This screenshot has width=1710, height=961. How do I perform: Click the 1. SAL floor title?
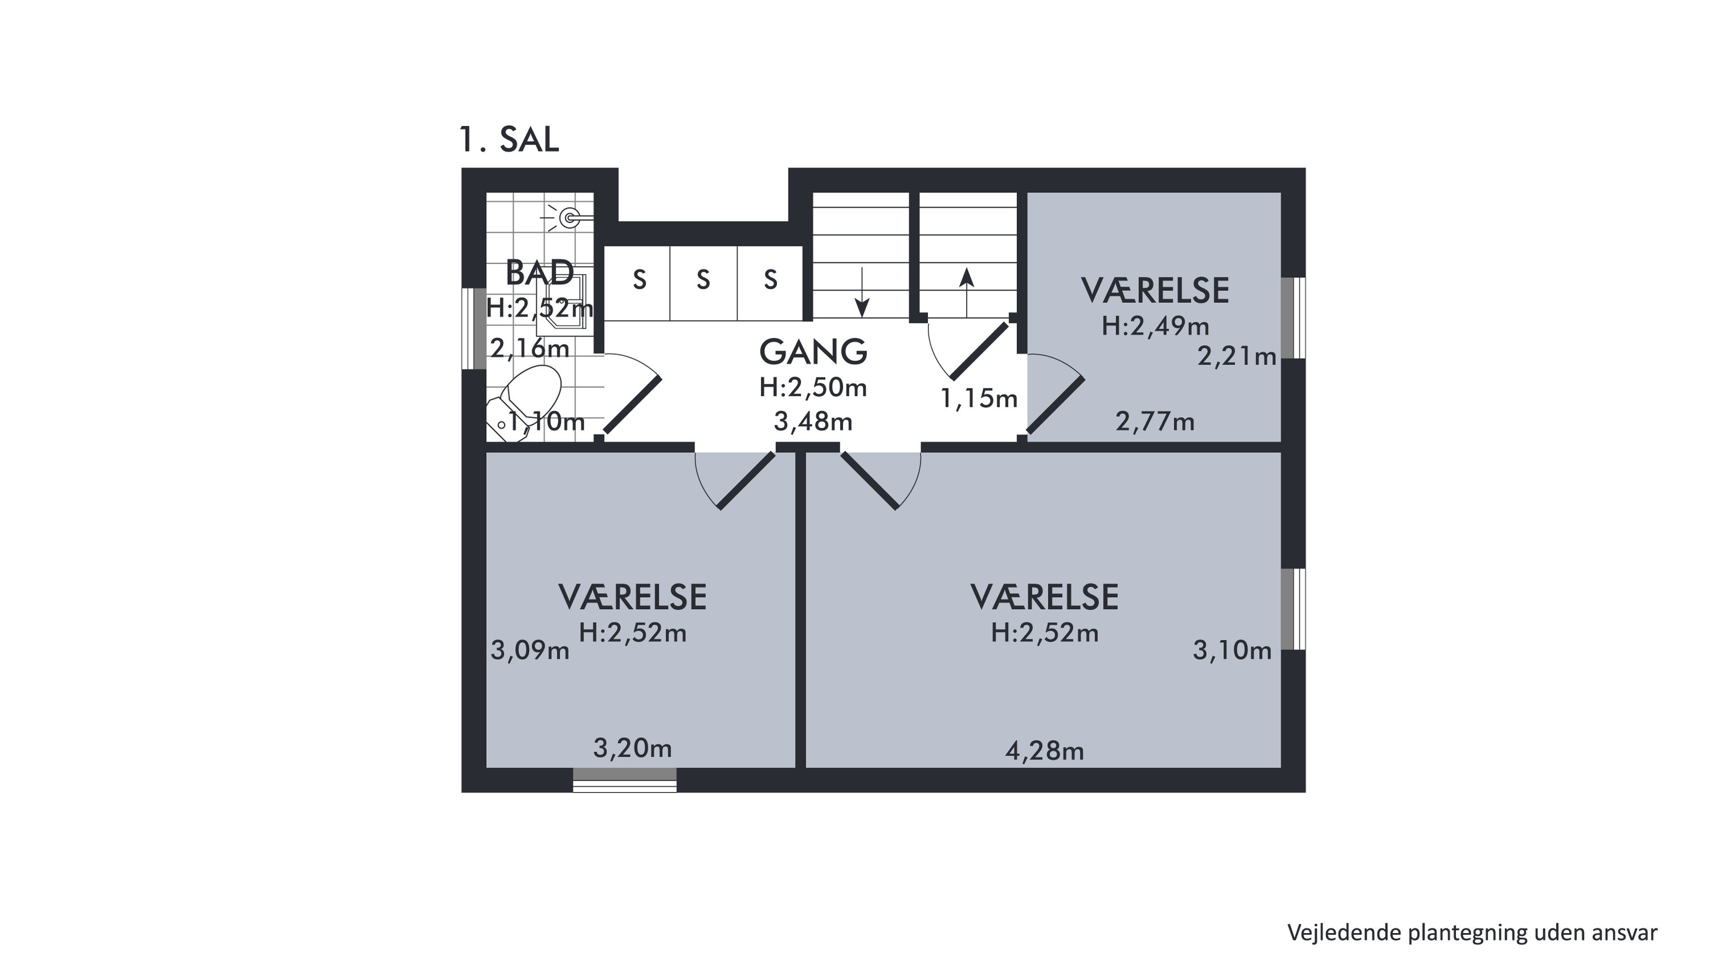pyautogui.click(x=509, y=140)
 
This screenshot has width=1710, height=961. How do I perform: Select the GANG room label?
pyautogui.click(x=813, y=352)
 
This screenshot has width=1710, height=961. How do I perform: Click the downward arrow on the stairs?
pyautogui.click(x=862, y=291)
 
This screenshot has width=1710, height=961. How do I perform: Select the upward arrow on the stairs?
pyautogui.click(x=967, y=292)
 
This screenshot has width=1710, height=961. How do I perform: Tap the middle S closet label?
pyautogui.click(x=703, y=280)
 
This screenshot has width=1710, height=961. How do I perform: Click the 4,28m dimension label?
pyautogui.click(x=1045, y=751)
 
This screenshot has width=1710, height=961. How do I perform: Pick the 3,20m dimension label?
pyautogui.click(x=633, y=748)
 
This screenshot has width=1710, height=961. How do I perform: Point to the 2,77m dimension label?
pyautogui.click(x=1155, y=421)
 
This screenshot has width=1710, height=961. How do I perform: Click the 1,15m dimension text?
pyautogui.click(x=979, y=398)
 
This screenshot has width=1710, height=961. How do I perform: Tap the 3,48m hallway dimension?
pyautogui.click(x=813, y=421)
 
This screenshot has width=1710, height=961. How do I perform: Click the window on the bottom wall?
pyautogui.click(x=625, y=780)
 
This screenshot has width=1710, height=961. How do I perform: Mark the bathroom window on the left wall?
pyautogui.click(x=474, y=328)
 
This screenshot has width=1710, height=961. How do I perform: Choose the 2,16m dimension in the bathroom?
pyautogui.click(x=530, y=347)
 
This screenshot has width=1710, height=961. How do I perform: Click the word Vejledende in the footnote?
pyautogui.click(x=1345, y=932)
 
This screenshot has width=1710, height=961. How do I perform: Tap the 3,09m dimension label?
pyautogui.click(x=531, y=650)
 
